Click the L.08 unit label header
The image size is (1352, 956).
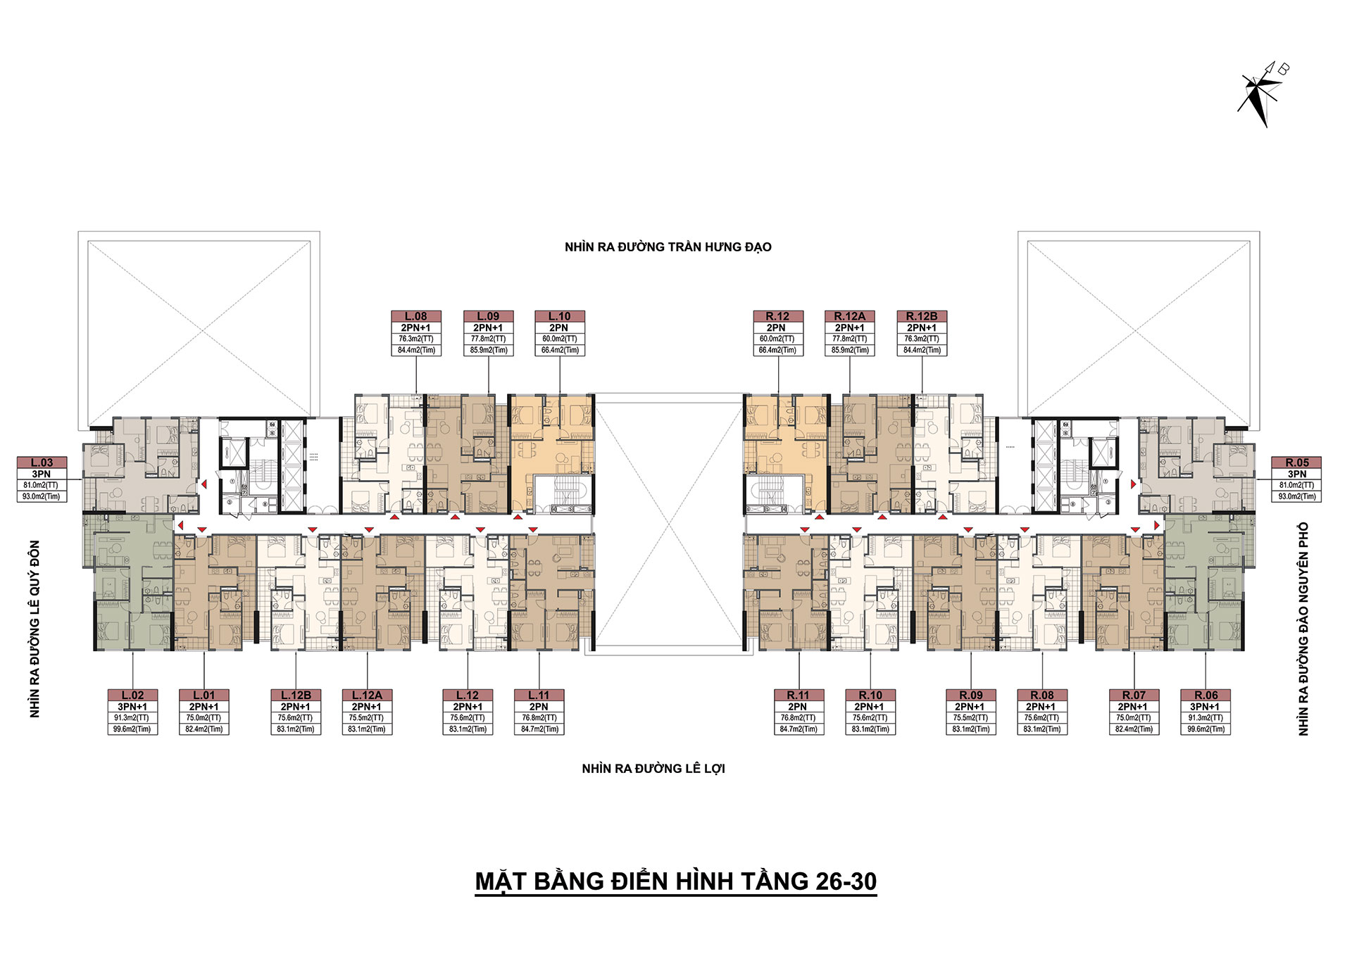pyautogui.click(x=416, y=316)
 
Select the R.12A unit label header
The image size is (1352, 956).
pyautogui.click(x=850, y=316)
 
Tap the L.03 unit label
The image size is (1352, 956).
pyautogui.click(x=42, y=463)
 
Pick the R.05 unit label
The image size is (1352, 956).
pyautogui.click(x=1296, y=463)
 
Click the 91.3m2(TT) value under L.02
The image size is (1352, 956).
pyautogui.click(x=132, y=718)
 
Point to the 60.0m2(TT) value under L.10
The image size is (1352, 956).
pyautogui.click(x=560, y=339)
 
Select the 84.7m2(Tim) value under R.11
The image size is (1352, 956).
pyautogui.click(x=799, y=729)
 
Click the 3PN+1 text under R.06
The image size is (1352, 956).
pyautogui.click(x=1205, y=707)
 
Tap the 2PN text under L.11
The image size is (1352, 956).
pyautogui.click(x=539, y=707)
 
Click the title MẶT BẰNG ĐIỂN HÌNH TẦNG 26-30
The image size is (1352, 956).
pyautogui.click(x=676, y=881)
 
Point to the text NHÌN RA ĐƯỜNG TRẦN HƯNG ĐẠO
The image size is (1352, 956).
pyautogui.click(x=668, y=246)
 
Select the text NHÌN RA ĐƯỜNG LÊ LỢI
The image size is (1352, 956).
pyautogui.click(x=653, y=768)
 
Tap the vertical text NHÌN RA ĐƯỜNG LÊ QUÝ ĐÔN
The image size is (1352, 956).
pyautogui.click(x=35, y=629)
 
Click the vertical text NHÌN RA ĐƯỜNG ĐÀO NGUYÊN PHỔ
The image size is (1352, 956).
pyautogui.click(x=1303, y=629)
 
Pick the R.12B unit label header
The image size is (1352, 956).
pyautogui.click(x=922, y=316)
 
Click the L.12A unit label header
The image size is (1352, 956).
pyautogui.click(x=367, y=695)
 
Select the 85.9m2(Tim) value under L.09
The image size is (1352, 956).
pyautogui.click(x=489, y=350)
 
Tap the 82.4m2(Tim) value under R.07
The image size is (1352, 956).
pyautogui.click(x=1134, y=729)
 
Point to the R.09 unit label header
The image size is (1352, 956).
pyautogui.click(x=971, y=695)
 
